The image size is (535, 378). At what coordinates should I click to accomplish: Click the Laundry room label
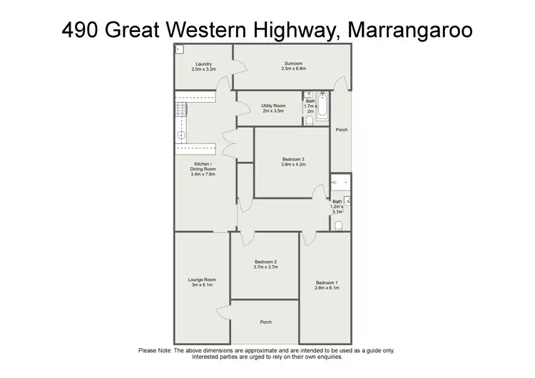[203, 66]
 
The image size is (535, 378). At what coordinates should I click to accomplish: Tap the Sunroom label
[293, 66]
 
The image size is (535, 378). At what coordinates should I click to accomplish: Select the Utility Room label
[273, 108]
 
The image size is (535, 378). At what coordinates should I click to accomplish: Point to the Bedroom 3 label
[292, 161]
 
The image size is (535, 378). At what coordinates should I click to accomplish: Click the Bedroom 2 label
[265, 264]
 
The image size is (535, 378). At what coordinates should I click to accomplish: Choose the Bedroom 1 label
[327, 285]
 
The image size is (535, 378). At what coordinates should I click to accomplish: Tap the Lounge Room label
[202, 282]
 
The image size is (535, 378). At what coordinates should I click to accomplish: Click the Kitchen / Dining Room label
[203, 169]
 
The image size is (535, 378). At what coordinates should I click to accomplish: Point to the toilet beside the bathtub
[309, 121]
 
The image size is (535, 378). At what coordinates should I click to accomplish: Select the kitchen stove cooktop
[181, 110]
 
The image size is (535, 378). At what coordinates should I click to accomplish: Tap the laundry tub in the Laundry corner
[178, 49]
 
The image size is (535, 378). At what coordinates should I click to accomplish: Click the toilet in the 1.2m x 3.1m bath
[338, 225]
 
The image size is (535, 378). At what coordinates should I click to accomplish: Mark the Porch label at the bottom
[265, 322]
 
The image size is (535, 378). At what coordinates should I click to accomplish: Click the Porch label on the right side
[342, 130]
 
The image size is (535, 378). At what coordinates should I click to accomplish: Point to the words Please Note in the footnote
[154, 350]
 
